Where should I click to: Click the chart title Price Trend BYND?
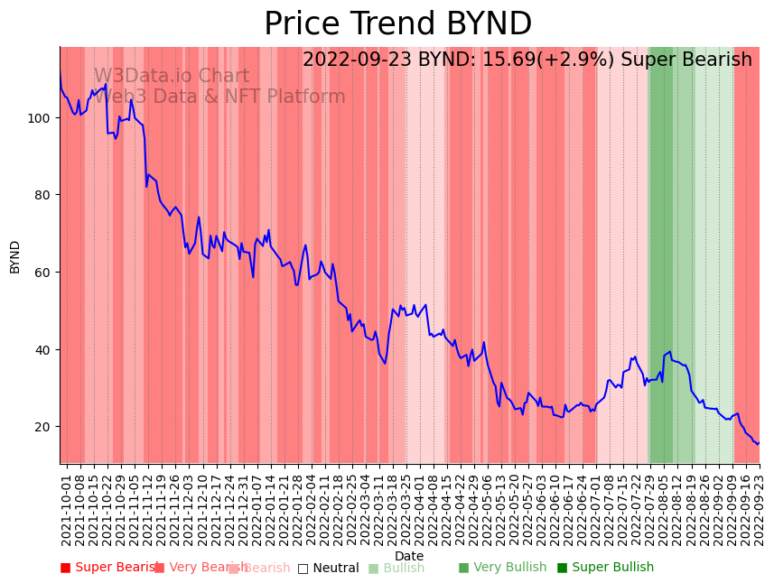pos(397,24)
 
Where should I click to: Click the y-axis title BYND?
pos(15,256)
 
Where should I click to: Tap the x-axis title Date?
pos(409,557)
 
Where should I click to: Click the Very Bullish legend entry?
pos(502,568)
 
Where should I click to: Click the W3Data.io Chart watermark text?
pos(172,77)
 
